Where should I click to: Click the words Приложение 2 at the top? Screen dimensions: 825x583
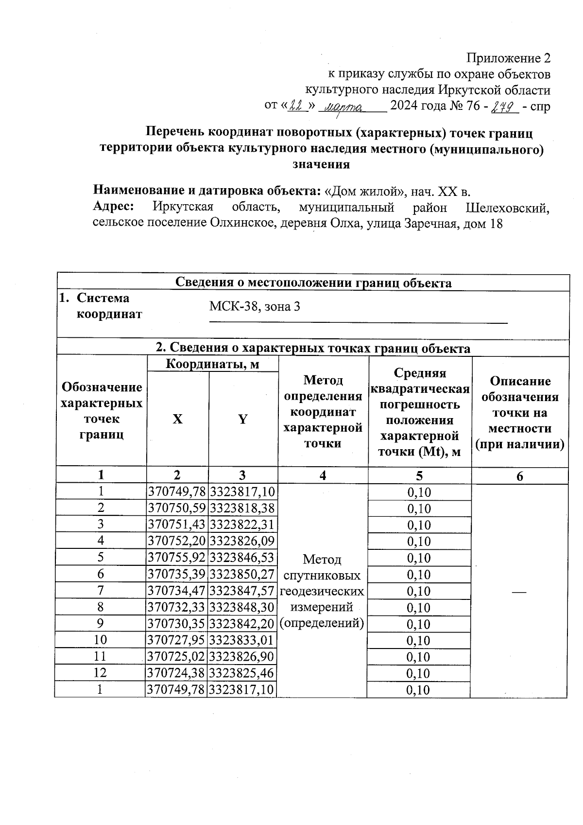pos(509,58)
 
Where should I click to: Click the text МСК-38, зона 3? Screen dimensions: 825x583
pos(254,306)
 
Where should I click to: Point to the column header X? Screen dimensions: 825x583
pos(178,419)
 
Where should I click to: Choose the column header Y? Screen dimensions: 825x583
pos(242,419)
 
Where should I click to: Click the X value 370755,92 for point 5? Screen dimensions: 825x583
pos(177,558)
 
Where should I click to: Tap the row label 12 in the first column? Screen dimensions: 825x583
pos(101,673)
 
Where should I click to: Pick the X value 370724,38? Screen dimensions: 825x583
pos(177,673)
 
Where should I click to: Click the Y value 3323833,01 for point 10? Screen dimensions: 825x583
pos(242,640)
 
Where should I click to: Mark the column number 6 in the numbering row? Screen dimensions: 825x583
pos(519,476)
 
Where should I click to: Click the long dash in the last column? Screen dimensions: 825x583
pos(519,591)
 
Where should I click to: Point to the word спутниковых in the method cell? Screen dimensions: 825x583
pos(322,576)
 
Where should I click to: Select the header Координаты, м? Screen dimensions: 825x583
pos(212,364)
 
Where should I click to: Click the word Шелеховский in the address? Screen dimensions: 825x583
pos(508,208)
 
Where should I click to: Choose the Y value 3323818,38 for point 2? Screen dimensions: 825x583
pos(242,509)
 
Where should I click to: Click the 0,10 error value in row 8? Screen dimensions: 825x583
pos(419,608)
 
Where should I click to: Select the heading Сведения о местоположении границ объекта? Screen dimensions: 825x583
pos(313,283)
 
